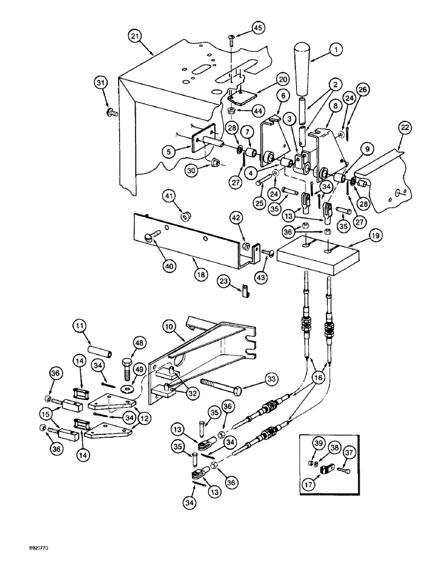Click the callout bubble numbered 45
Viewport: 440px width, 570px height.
click(258, 27)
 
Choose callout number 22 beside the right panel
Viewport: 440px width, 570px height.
click(404, 129)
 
